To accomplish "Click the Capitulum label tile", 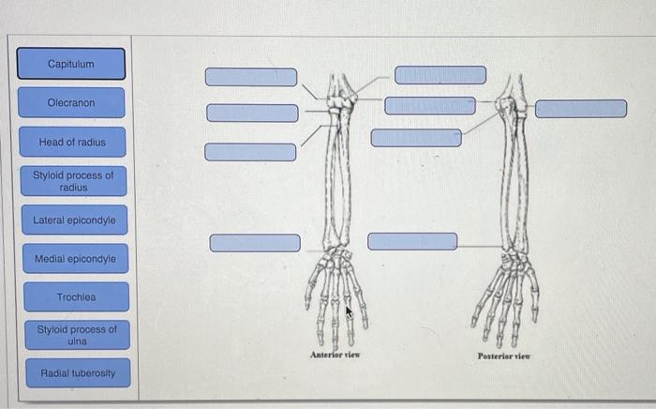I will tap(71, 64).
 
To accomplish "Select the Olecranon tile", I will tap(71, 102).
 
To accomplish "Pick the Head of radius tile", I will tap(72, 143).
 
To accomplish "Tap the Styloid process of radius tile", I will tap(73, 181).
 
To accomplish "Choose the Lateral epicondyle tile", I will tap(74, 220).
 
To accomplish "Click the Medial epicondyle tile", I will tap(75, 258).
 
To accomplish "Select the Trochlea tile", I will tap(76, 296).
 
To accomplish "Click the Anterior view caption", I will tap(335, 356).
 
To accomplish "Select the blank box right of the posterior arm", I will tap(581, 109).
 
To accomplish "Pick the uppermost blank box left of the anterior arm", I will tap(251, 77).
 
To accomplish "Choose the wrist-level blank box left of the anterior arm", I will tap(255, 243).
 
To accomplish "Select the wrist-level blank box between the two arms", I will tap(412, 241).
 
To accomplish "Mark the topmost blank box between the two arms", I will tap(440, 75).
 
